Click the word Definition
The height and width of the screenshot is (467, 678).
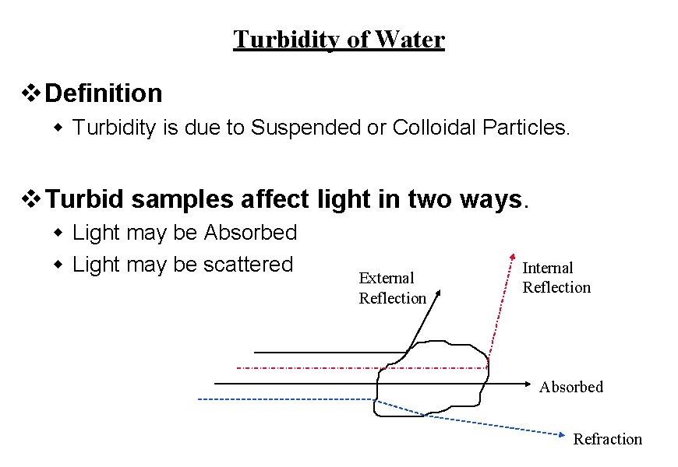104,93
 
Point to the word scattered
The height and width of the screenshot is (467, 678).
248,265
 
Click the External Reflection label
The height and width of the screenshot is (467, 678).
392,288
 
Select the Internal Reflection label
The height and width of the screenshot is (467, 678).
556,277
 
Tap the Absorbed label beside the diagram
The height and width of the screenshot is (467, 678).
570,387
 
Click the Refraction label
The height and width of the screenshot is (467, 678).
607,439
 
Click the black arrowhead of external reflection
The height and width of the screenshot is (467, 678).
439,294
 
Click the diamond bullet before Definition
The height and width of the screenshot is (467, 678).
30,94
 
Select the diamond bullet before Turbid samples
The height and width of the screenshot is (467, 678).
30,200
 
